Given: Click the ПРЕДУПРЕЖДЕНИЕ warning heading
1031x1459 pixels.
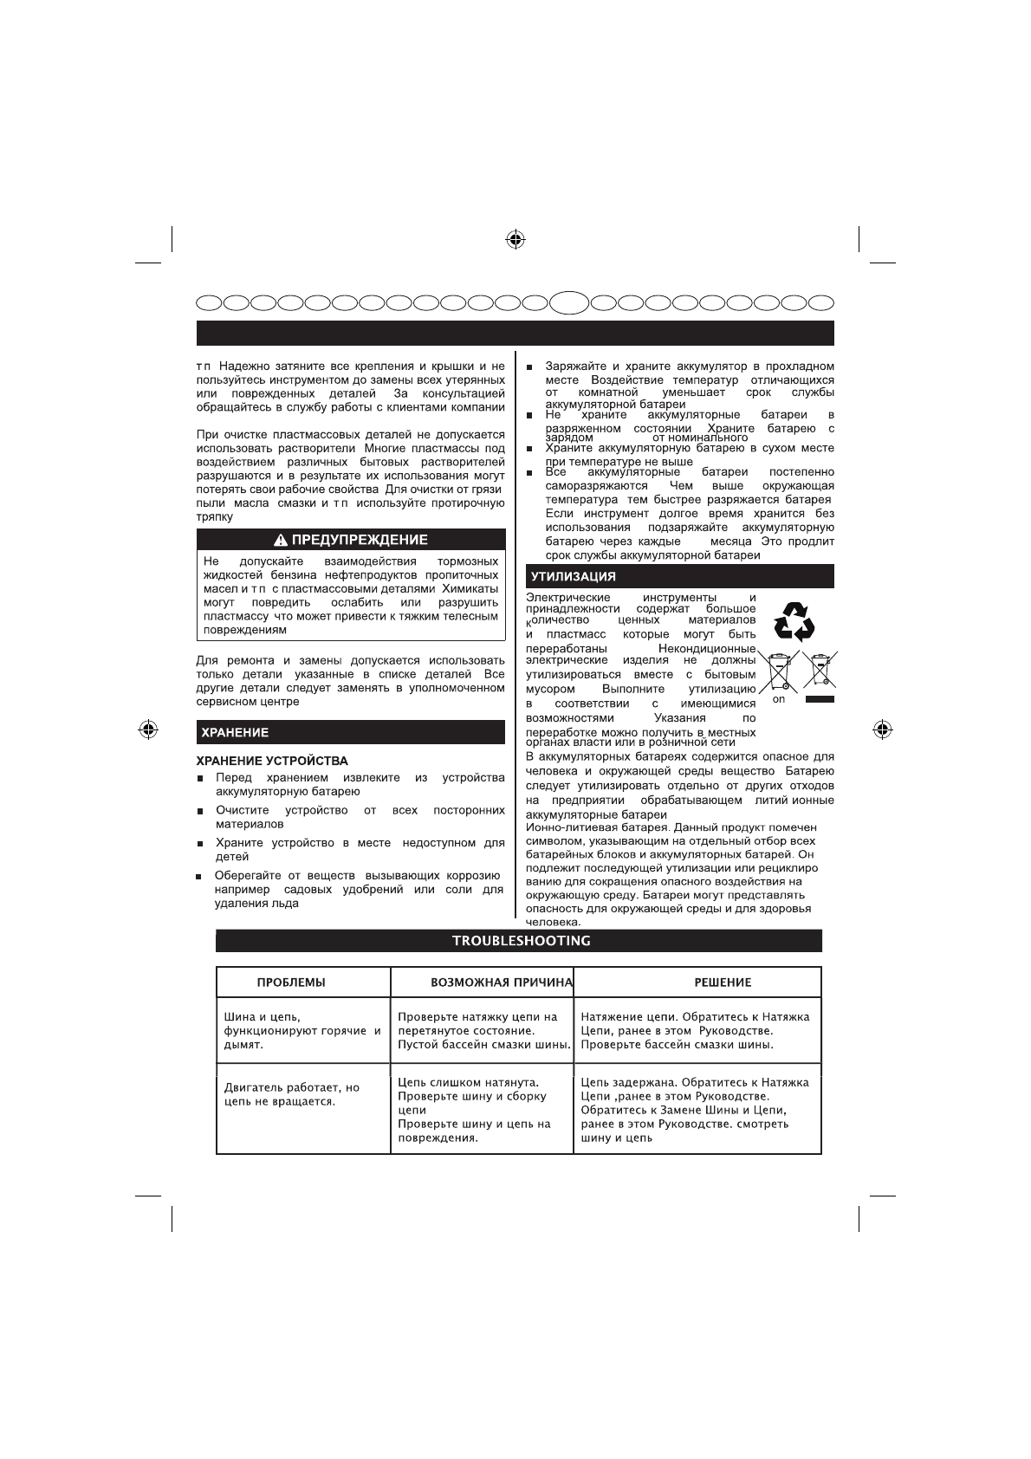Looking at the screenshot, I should point(360,540).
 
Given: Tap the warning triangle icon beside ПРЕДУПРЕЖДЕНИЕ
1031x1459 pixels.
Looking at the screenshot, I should point(281,541).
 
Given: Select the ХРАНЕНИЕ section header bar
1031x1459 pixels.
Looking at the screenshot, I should point(351,732).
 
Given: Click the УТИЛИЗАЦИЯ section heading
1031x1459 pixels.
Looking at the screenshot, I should point(574,576).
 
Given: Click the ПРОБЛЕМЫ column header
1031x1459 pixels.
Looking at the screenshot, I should point(291,982).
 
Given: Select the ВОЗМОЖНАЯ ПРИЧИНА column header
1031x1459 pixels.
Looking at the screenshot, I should point(502,982).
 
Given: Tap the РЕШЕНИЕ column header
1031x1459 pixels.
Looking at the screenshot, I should point(723,982).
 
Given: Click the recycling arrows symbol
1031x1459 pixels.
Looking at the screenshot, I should point(794,622).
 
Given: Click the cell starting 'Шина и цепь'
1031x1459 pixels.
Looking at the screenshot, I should point(302,1030).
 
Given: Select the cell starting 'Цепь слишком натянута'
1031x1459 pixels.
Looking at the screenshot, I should point(481,1110).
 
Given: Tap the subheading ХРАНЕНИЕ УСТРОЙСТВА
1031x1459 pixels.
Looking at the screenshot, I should point(272,761).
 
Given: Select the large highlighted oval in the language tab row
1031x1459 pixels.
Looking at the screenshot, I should point(569,302).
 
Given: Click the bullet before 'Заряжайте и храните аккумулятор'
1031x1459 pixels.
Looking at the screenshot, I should point(530,367).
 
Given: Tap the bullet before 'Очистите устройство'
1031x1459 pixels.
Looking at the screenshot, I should point(199,812).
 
